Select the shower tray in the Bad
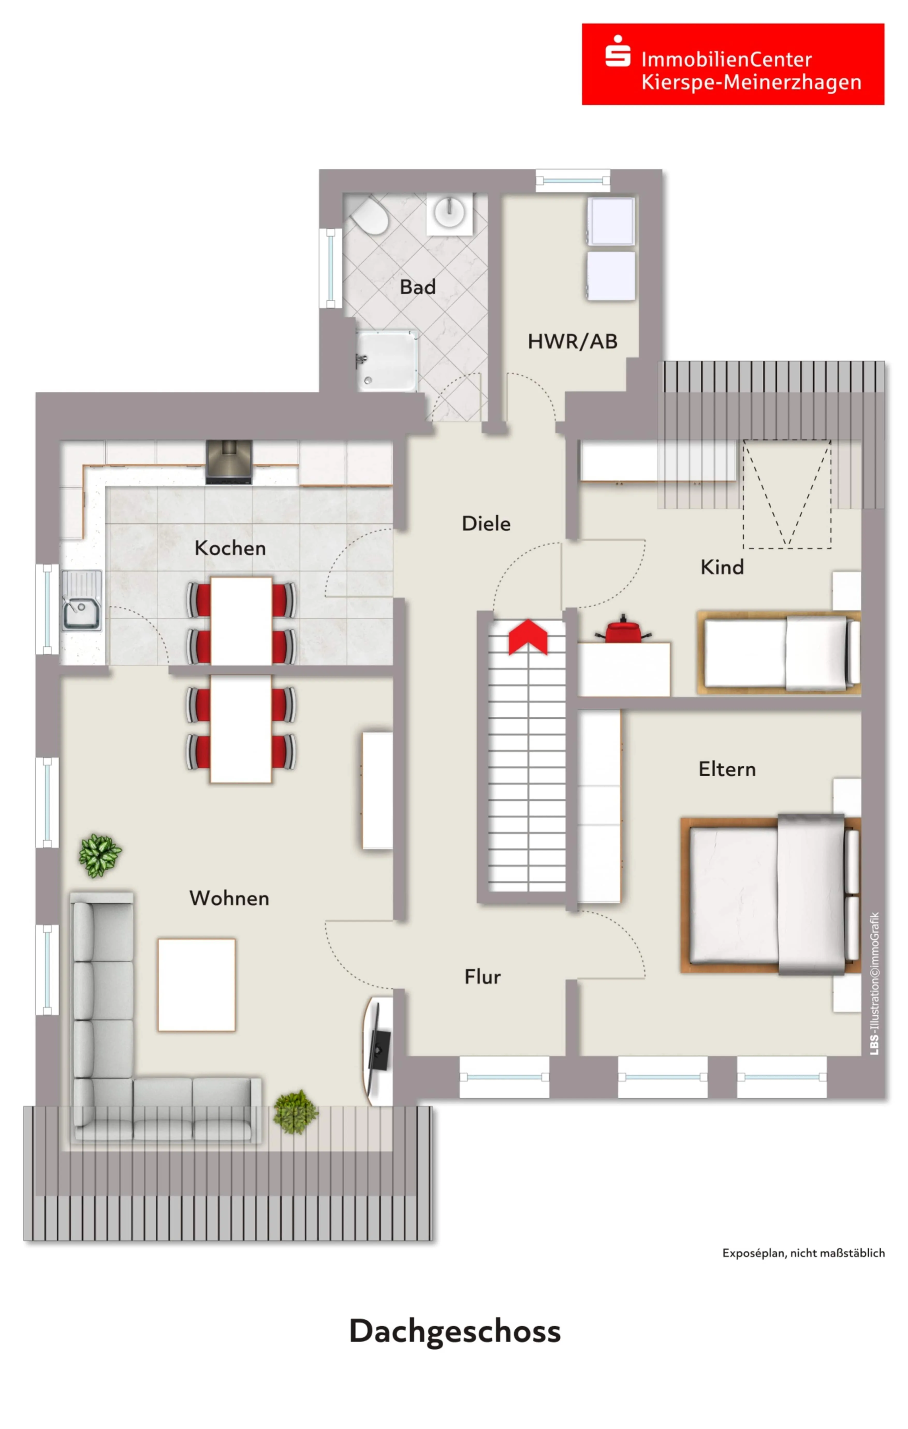387,361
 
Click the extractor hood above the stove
229,462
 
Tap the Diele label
486,523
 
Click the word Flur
482,977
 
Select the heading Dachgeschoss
455,1332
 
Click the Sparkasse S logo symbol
618,51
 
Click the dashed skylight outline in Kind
787,494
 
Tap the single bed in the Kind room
779,653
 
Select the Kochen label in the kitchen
230,548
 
